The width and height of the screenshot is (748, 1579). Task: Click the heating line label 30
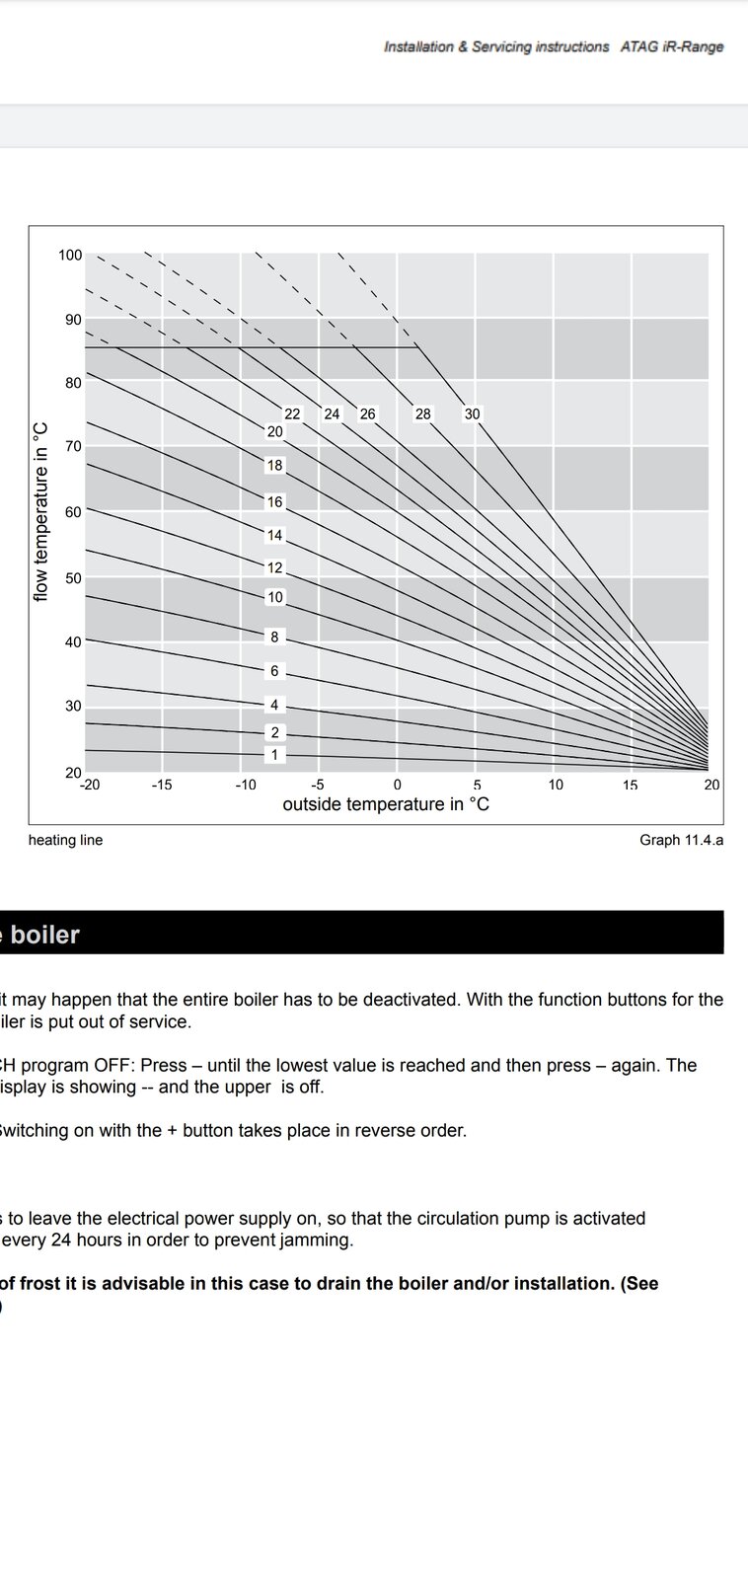[472, 414]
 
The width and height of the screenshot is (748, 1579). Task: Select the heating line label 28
[422, 414]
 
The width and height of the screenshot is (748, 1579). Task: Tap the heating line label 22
[292, 414]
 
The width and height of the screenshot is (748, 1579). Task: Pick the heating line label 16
[274, 502]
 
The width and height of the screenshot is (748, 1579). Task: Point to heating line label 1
[274, 755]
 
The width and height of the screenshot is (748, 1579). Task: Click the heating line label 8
[274, 638]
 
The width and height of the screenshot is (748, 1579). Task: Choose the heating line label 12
[274, 568]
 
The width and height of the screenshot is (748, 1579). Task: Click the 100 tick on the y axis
[70, 256]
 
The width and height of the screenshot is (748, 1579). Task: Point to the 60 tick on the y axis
[74, 513]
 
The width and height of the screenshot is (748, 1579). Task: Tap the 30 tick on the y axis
[74, 707]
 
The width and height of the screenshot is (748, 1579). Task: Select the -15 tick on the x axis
[162, 786]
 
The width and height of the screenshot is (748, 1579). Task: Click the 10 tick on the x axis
[556, 786]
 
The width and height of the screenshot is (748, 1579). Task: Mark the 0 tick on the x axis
[397, 786]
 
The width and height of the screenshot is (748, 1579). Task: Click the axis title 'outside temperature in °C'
[386, 805]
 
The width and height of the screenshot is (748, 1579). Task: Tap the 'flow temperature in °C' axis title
[40, 511]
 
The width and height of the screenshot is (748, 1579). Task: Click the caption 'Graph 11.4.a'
[681, 841]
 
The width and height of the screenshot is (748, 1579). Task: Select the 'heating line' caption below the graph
[65, 841]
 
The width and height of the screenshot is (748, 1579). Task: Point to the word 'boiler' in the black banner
[45, 935]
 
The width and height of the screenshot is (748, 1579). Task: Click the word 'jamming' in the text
[319, 1241]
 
